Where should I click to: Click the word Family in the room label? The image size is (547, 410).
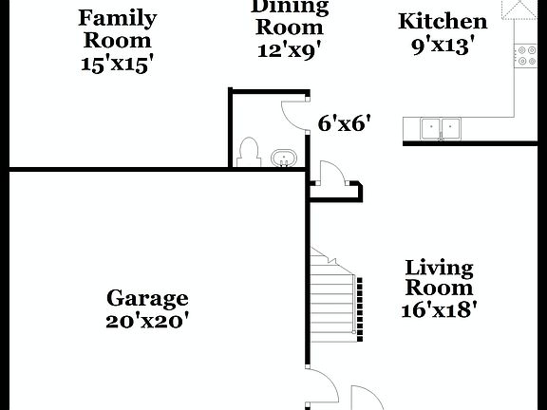click(117, 18)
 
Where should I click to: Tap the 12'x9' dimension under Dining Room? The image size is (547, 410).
click(290, 49)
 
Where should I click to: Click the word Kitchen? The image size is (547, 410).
click(442, 22)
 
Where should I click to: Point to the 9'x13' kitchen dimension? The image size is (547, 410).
click(442, 46)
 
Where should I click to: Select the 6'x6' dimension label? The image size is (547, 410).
click(343, 122)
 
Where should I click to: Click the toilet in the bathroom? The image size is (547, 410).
click(249, 152)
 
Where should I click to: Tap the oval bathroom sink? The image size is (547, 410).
click(283, 158)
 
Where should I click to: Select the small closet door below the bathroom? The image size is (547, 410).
click(332, 177)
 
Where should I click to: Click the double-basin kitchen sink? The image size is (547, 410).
click(441, 128)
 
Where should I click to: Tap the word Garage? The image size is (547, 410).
click(147, 300)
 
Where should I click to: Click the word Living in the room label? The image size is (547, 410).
click(439, 268)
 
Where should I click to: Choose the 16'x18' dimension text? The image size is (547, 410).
click(439, 309)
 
